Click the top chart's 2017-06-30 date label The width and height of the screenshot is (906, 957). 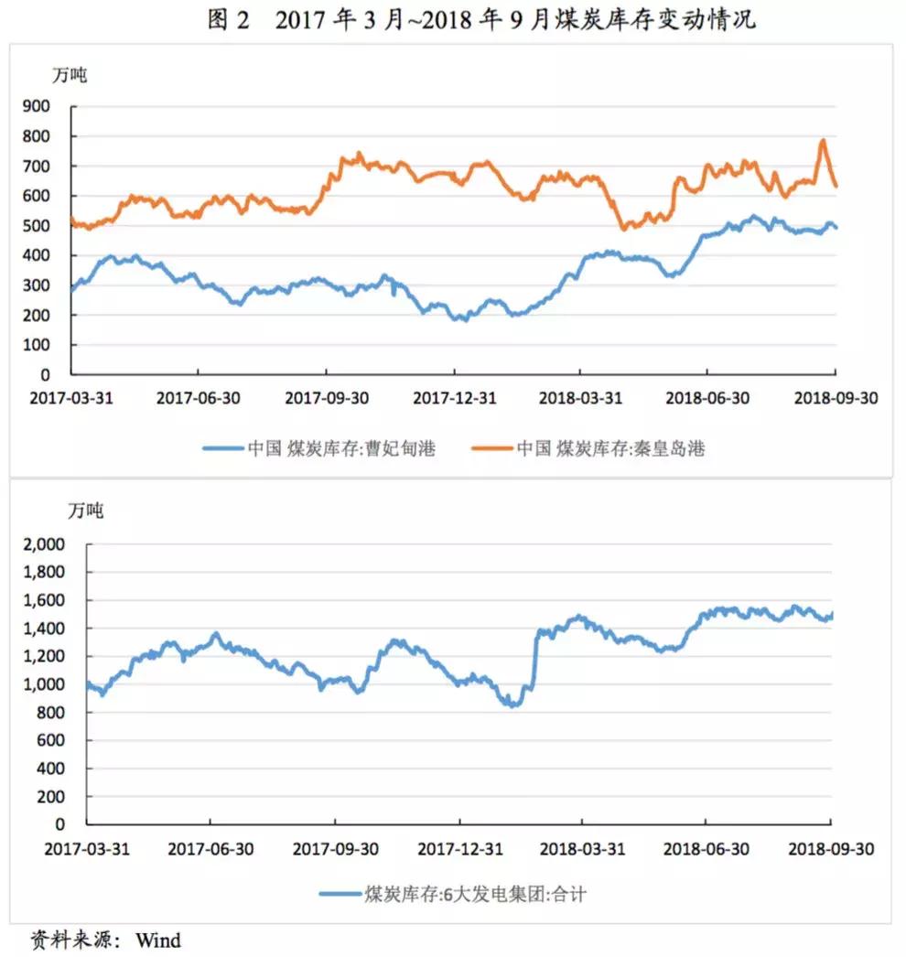[x=199, y=398]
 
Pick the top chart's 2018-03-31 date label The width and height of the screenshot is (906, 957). [x=580, y=398]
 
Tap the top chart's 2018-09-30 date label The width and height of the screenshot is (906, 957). [x=835, y=398]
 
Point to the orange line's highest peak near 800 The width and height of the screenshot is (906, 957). [x=823, y=141]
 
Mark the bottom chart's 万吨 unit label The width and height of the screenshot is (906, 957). [x=86, y=511]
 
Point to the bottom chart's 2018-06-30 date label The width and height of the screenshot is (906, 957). [x=706, y=848]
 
